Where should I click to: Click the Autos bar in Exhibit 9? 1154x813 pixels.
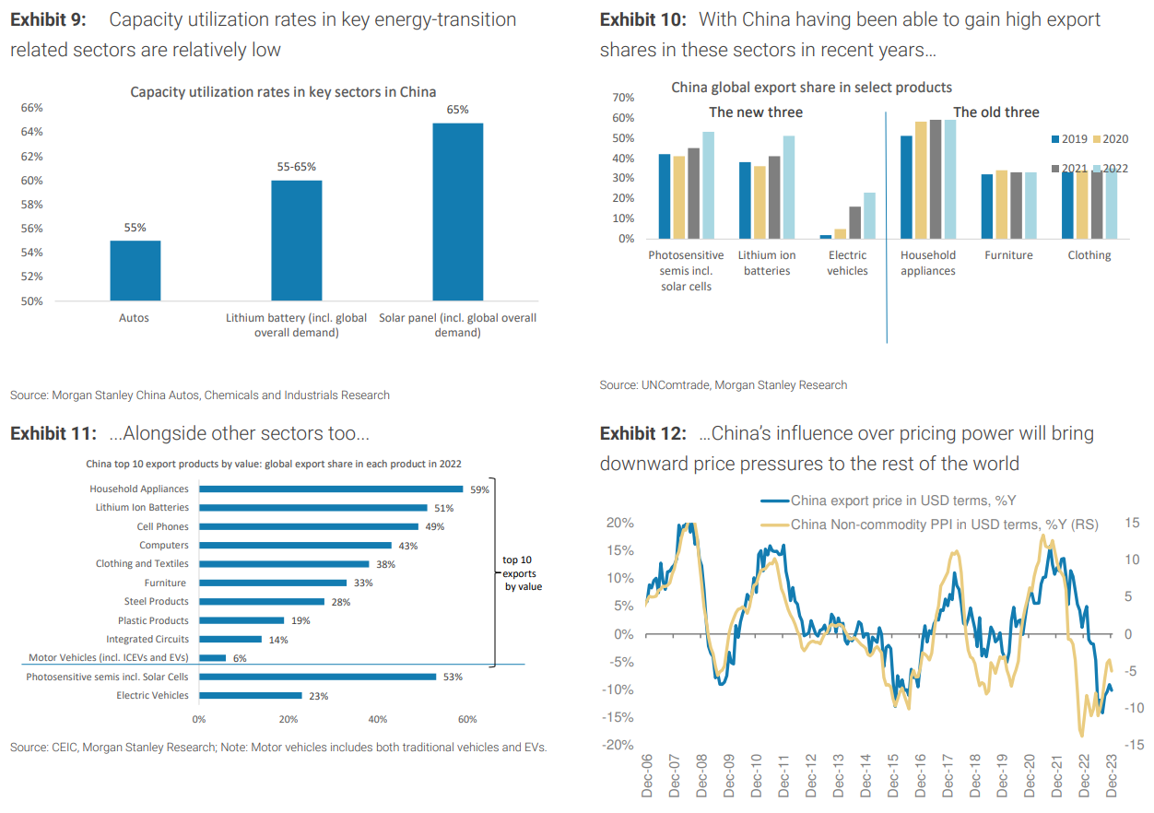pyautogui.click(x=135, y=270)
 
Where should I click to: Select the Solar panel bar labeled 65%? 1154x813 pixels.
pyautogui.click(x=457, y=211)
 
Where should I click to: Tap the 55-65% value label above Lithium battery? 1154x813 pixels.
pyautogui.click(x=296, y=167)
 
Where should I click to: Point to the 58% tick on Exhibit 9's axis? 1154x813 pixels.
pyautogui.click(x=31, y=205)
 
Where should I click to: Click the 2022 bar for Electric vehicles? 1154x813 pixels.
pyautogui.click(x=868, y=216)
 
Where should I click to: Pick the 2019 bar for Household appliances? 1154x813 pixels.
pyautogui.click(x=906, y=187)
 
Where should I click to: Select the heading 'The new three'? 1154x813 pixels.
pyautogui.click(x=755, y=112)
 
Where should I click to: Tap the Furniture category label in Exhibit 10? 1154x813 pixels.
pyautogui.click(x=1008, y=255)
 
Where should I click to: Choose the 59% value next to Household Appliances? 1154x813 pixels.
pyautogui.click(x=479, y=489)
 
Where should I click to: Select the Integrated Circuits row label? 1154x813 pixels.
pyautogui.click(x=147, y=639)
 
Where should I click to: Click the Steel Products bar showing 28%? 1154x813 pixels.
pyautogui.click(x=261, y=601)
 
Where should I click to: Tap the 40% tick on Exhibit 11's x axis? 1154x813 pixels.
pyautogui.click(x=377, y=719)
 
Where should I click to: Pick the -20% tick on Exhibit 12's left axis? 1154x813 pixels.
pyautogui.click(x=618, y=745)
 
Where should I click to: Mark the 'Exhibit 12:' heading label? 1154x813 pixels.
pyautogui.click(x=642, y=434)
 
